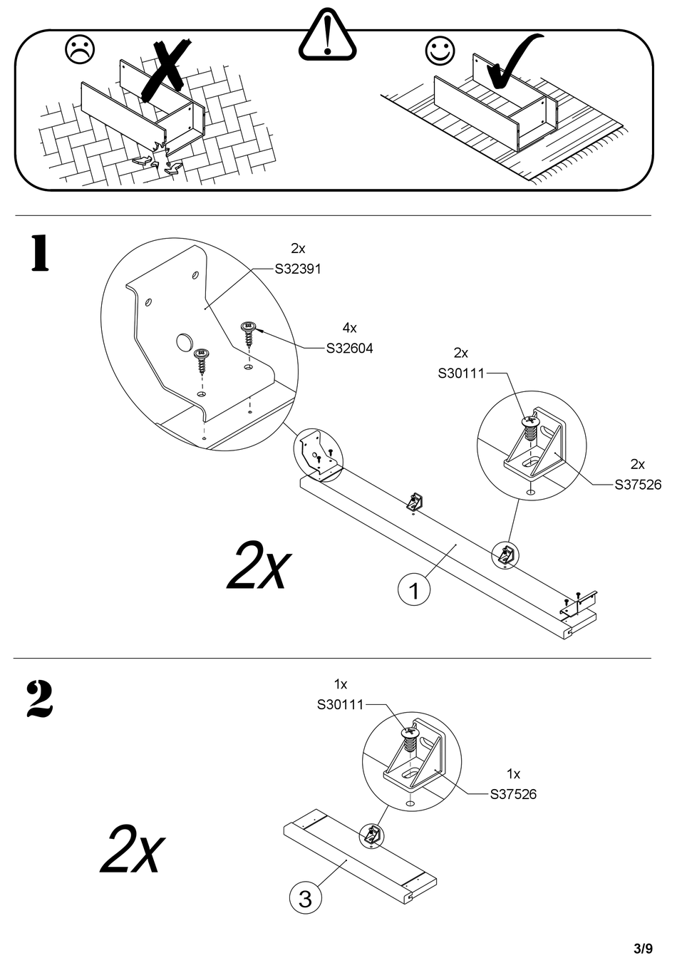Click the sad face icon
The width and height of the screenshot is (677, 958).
click(80, 50)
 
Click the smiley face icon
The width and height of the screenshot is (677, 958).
click(440, 51)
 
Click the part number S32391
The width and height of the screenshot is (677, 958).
click(298, 269)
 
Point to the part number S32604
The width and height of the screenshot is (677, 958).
click(349, 349)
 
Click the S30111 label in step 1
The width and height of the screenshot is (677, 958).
click(461, 374)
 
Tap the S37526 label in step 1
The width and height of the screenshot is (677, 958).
click(638, 485)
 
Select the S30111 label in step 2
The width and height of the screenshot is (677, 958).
click(341, 704)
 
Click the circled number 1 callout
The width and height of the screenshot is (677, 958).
click(414, 591)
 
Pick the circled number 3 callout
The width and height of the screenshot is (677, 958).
click(305, 899)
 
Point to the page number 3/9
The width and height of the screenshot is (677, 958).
click(644, 948)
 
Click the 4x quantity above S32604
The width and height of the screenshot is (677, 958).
click(349, 328)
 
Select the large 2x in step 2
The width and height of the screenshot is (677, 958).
click(132, 848)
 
